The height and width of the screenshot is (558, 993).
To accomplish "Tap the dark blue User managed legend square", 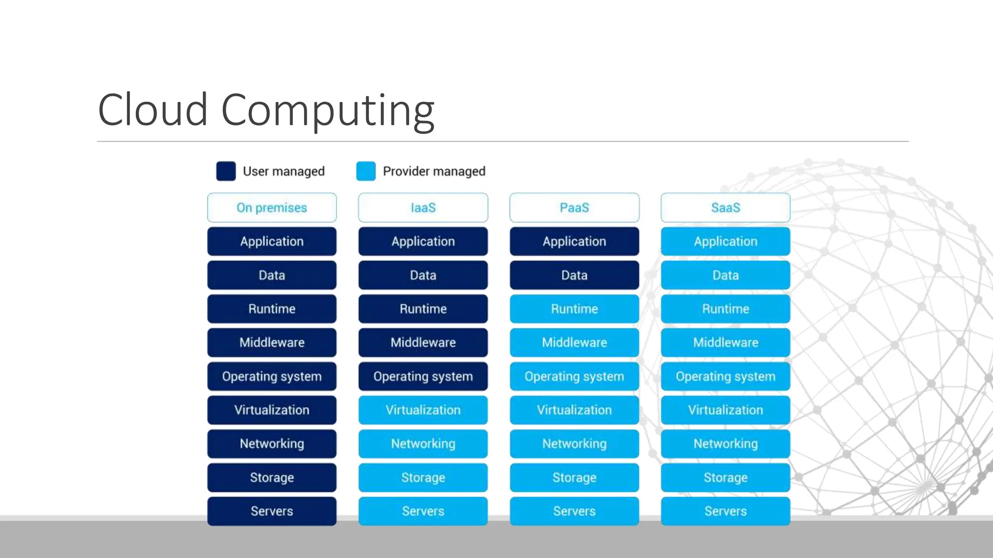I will click(x=226, y=171).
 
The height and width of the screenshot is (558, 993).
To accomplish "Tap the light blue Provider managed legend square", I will click(x=366, y=171).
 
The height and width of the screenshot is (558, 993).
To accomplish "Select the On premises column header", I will click(x=272, y=208).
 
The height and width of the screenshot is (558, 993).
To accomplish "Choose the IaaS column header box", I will click(x=423, y=208).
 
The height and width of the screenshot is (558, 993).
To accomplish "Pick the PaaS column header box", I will click(x=574, y=208).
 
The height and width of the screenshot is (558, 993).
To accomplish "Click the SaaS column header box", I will click(x=725, y=208).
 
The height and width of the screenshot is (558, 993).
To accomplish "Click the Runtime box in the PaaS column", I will click(x=574, y=309).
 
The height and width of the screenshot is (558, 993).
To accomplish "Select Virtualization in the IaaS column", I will click(x=423, y=410).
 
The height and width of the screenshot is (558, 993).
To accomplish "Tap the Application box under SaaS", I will click(x=725, y=241).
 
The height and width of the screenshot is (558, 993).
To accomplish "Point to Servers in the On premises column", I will click(x=272, y=511).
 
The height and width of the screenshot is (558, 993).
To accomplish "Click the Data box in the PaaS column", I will click(x=574, y=275).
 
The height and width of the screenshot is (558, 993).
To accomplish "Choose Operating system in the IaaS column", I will click(x=423, y=376).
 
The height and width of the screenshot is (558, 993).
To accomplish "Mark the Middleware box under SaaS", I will click(x=725, y=342).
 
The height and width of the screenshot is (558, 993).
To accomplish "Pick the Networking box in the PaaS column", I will click(x=574, y=444).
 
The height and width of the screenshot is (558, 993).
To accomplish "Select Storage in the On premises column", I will click(x=272, y=478).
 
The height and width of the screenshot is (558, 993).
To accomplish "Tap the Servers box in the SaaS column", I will click(x=725, y=511).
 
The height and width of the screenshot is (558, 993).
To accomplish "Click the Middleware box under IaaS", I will click(x=423, y=342).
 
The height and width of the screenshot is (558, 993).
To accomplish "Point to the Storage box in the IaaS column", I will click(x=423, y=478).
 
